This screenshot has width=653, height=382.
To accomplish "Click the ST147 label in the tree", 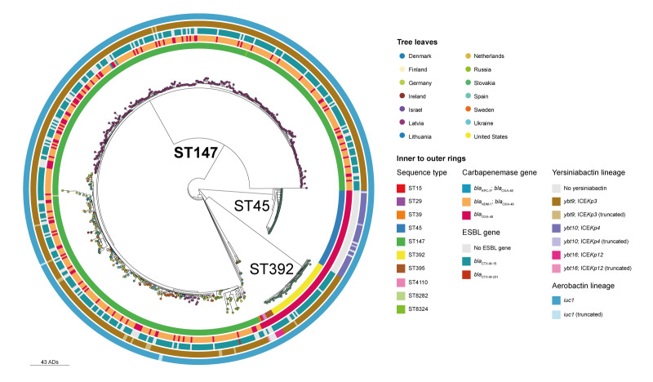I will pyautogui.click(x=198, y=153).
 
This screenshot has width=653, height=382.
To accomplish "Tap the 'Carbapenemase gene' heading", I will pyautogui.click(x=498, y=173).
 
